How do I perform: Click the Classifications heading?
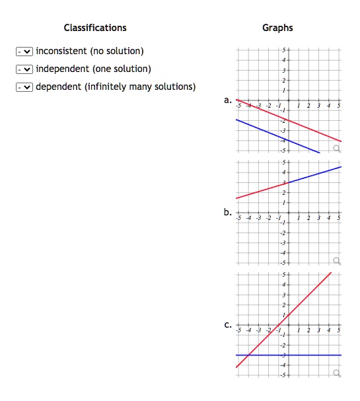[x=95, y=28]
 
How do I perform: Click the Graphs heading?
[x=277, y=28]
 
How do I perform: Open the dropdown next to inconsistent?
[x=24, y=52]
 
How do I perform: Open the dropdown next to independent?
[x=24, y=69]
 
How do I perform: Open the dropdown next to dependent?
[x=24, y=87]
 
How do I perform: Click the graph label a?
[x=227, y=101]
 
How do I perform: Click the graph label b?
[x=227, y=213]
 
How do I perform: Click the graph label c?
[x=227, y=326]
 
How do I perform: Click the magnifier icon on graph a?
[x=337, y=149]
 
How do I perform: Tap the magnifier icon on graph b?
[x=337, y=261]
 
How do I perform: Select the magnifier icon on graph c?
[x=337, y=373]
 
